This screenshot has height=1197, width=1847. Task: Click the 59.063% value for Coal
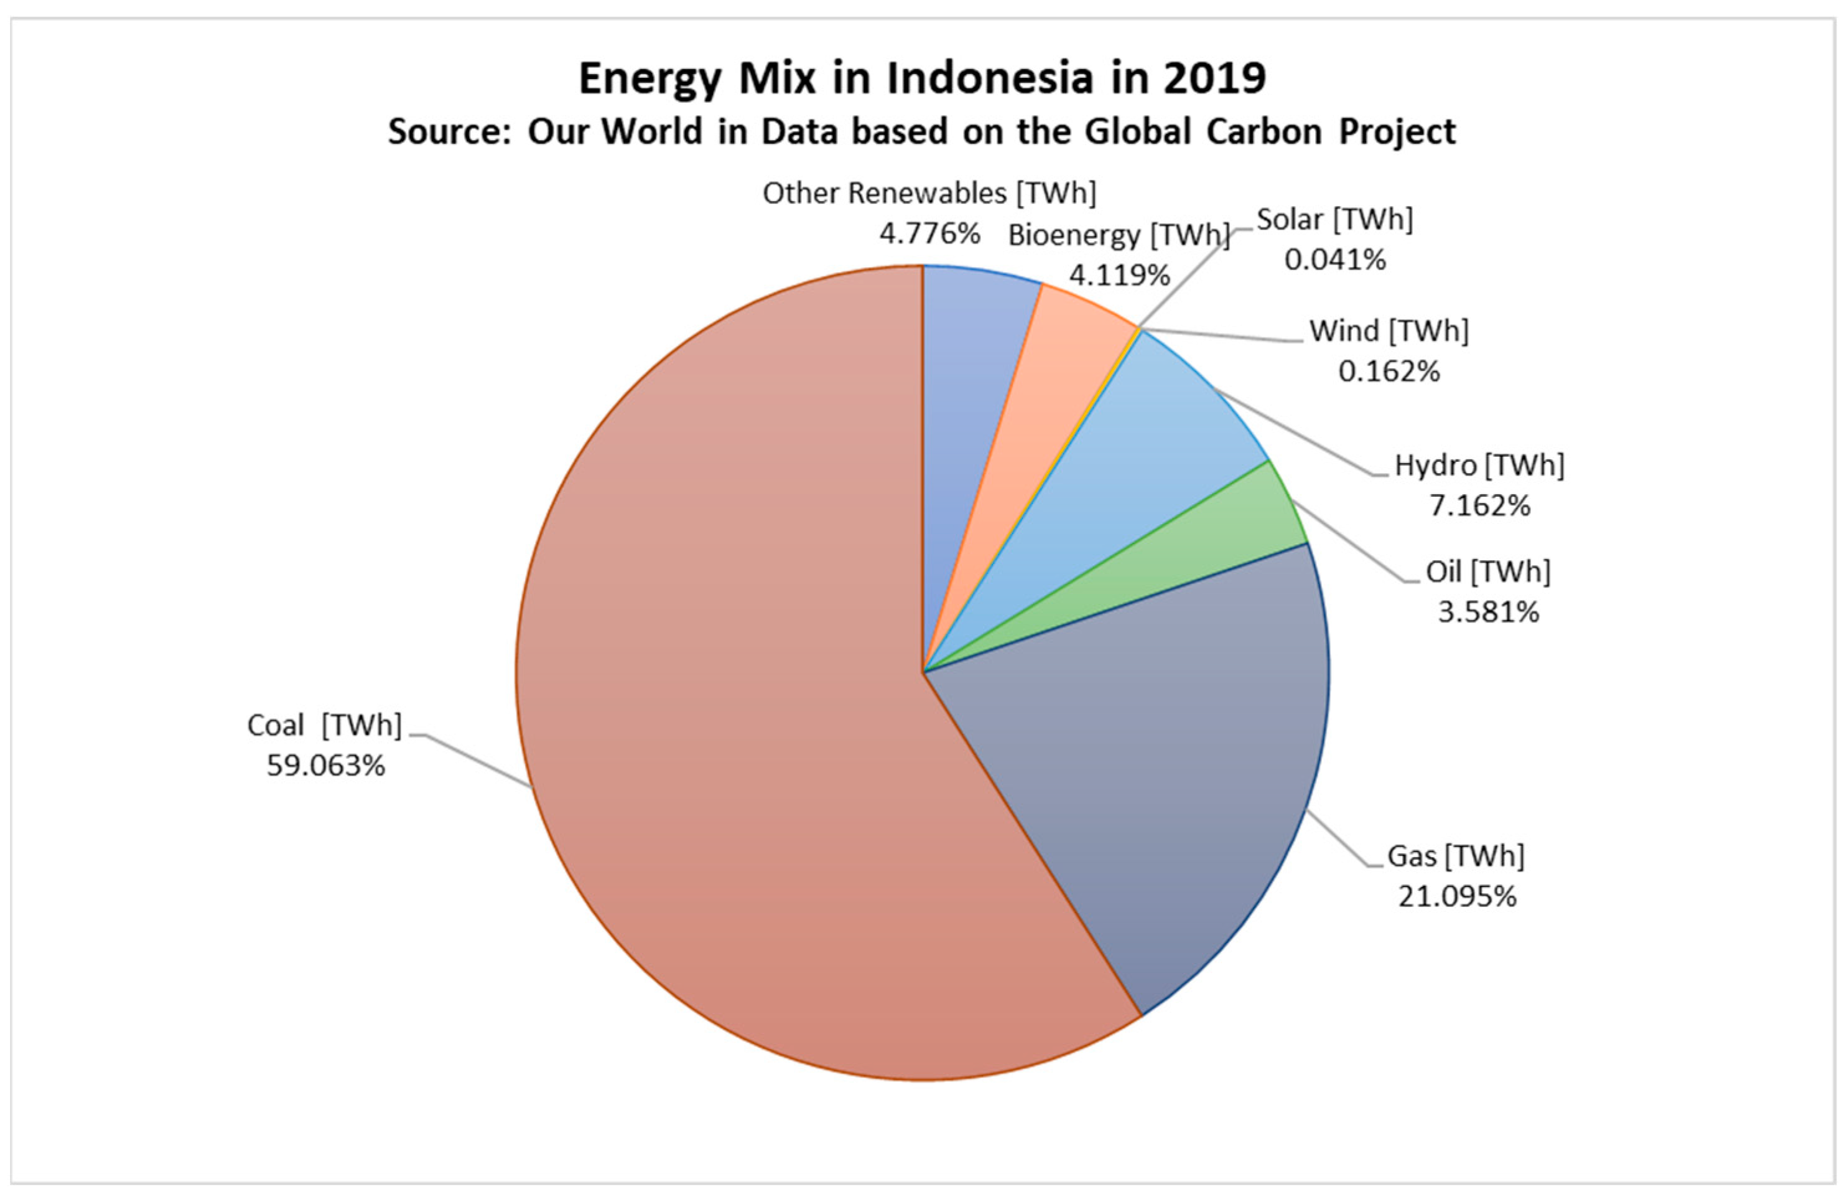click(326, 766)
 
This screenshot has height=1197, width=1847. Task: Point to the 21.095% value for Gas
click(1457, 896)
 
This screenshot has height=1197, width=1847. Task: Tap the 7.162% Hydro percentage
click(1479, 506)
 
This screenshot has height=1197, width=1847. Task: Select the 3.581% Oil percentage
click(1487, 613)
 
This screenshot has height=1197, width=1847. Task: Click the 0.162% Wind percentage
click(1389, 372)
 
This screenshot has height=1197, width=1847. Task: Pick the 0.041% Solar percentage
click(1335, 260)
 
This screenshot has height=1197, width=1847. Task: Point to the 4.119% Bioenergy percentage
click(1119, 275)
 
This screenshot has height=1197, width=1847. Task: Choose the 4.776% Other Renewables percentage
click(929, 233)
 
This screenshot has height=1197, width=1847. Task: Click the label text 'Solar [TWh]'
click(1335, 220)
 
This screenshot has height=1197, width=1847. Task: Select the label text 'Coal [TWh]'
click(324, 726)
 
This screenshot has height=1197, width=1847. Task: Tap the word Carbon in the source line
click(1263, 132)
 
